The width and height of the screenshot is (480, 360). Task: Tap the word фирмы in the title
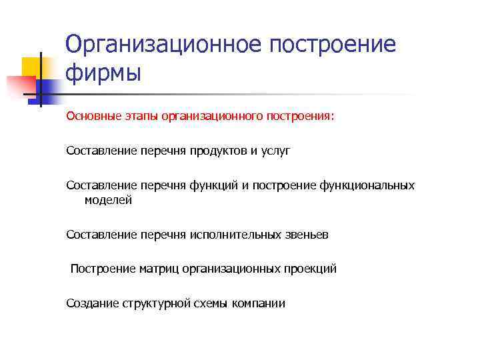coord(103,72)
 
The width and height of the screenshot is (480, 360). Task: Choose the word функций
coord(211,185)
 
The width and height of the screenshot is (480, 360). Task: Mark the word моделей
coord(108,200)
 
